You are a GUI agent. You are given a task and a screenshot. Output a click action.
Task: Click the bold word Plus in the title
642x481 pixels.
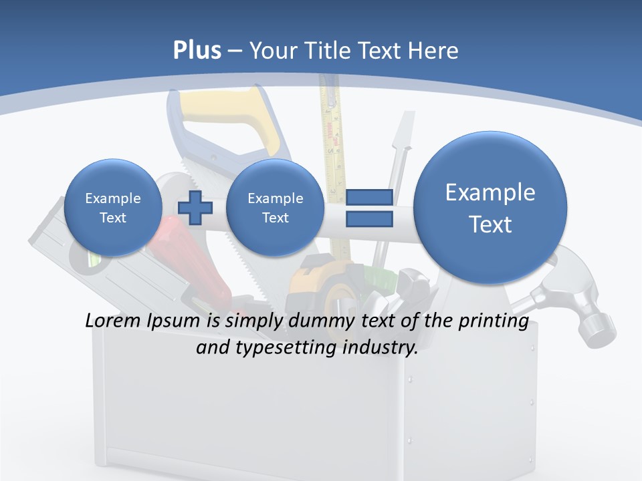(197, 51)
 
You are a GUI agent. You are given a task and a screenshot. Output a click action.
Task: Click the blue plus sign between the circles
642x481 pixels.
(195, 207)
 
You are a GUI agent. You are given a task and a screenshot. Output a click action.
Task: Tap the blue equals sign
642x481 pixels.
(368, 207)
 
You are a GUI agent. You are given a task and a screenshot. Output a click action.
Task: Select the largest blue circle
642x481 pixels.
(490, 208)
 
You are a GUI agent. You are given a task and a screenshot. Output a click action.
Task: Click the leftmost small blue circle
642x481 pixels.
(113, 208)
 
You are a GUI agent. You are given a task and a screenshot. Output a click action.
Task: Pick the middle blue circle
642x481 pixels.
(275, 208)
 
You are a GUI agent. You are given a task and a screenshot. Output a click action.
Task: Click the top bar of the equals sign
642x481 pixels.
(368, 197)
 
